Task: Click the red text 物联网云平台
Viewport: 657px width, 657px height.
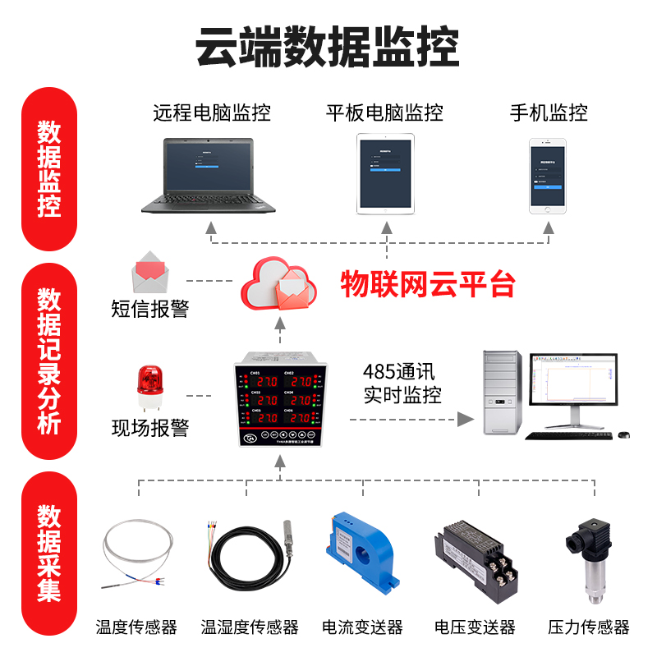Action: pos(428,284)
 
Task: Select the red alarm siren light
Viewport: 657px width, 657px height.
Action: pos(149,386)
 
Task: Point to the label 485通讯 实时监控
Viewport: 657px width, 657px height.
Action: pos(402,382)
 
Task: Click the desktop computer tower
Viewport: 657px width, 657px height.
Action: pos(502,393)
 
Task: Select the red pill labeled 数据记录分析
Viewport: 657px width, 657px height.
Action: pos(49,361)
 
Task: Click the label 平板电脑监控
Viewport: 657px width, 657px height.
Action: pos(384,113)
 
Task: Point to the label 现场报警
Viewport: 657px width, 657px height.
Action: pos(150,429)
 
